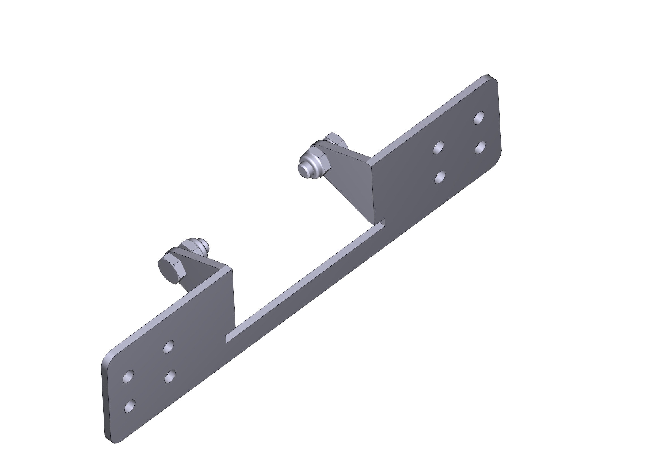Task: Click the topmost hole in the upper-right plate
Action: pos(479,118)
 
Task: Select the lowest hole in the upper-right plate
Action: pos(440,177)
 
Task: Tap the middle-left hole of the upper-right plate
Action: pos(438,147)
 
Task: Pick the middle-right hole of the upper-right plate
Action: pos(480,147)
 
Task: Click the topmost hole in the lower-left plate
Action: pos(169,346)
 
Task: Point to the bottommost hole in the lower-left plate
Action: pos(130,406)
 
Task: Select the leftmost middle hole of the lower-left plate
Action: pos(128,376)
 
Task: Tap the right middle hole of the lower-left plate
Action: pos(170,376)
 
